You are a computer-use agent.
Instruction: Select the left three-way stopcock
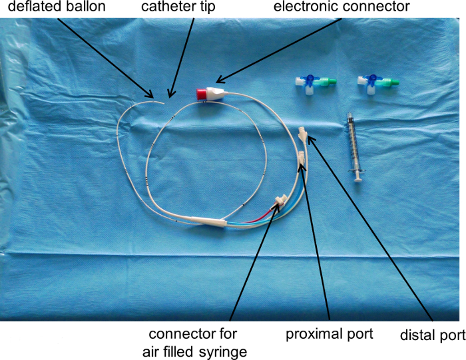[313, 85]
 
